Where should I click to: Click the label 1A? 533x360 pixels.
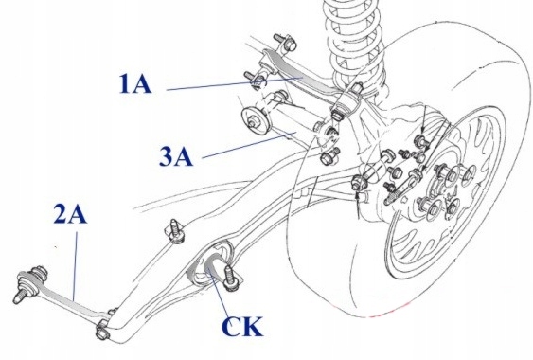coord(134,84)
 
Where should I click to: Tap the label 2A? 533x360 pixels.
coord(70,214)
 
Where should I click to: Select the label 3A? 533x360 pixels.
coord(176,156)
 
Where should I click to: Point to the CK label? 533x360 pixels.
coord(242,326)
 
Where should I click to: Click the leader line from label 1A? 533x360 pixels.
coord(234,84)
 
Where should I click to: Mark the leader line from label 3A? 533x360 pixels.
coord(247,146)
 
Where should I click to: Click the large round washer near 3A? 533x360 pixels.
coord(254,119)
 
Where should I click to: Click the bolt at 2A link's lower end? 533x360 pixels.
coord(102,331)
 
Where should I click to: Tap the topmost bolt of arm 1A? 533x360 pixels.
coord(285,42)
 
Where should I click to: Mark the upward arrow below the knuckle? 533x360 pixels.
coord(358,205)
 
